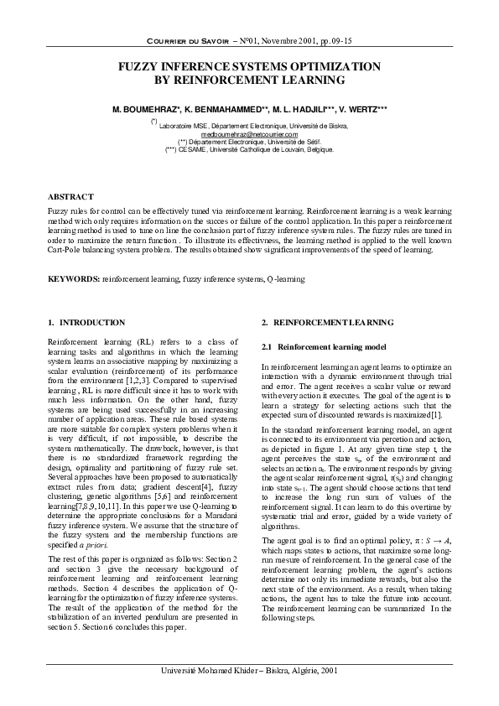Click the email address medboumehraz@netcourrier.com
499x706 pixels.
click(x=250, y=133)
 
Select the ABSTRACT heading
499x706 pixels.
click(x=70, y=196)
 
